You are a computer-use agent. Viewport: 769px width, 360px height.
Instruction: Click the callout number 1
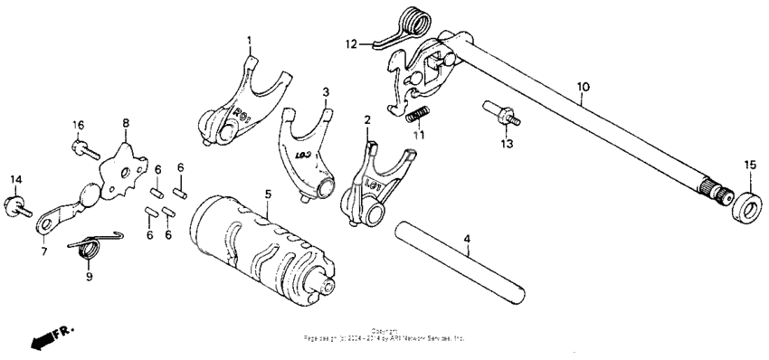pos(250,41)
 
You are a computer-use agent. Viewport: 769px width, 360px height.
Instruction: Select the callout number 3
pos(326,92)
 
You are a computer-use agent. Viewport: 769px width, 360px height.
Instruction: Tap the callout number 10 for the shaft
pos(583,87)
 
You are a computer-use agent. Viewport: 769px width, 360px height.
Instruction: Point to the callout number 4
pos(467,240)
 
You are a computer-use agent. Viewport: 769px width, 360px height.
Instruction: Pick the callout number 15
pos(748,164)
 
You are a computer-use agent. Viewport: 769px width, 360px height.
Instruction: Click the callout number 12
pos(351,43)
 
